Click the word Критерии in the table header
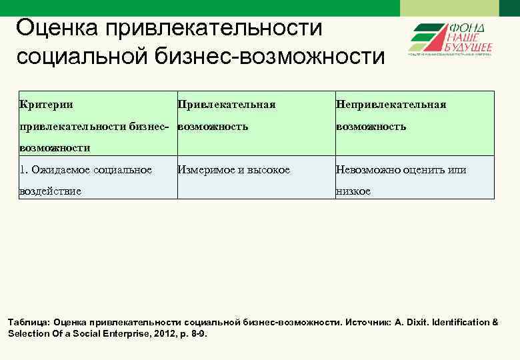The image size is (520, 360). [x=47, y=105]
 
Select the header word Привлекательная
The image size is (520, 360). [x=227, y=105]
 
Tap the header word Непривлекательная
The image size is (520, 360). [x=391, y=105]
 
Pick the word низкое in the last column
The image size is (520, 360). [x=353, y=191]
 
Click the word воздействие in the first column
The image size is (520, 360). [x=51, y=191]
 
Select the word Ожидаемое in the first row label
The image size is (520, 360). [x=61, y=170]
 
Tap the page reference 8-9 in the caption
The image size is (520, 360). [x=197, y=333]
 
